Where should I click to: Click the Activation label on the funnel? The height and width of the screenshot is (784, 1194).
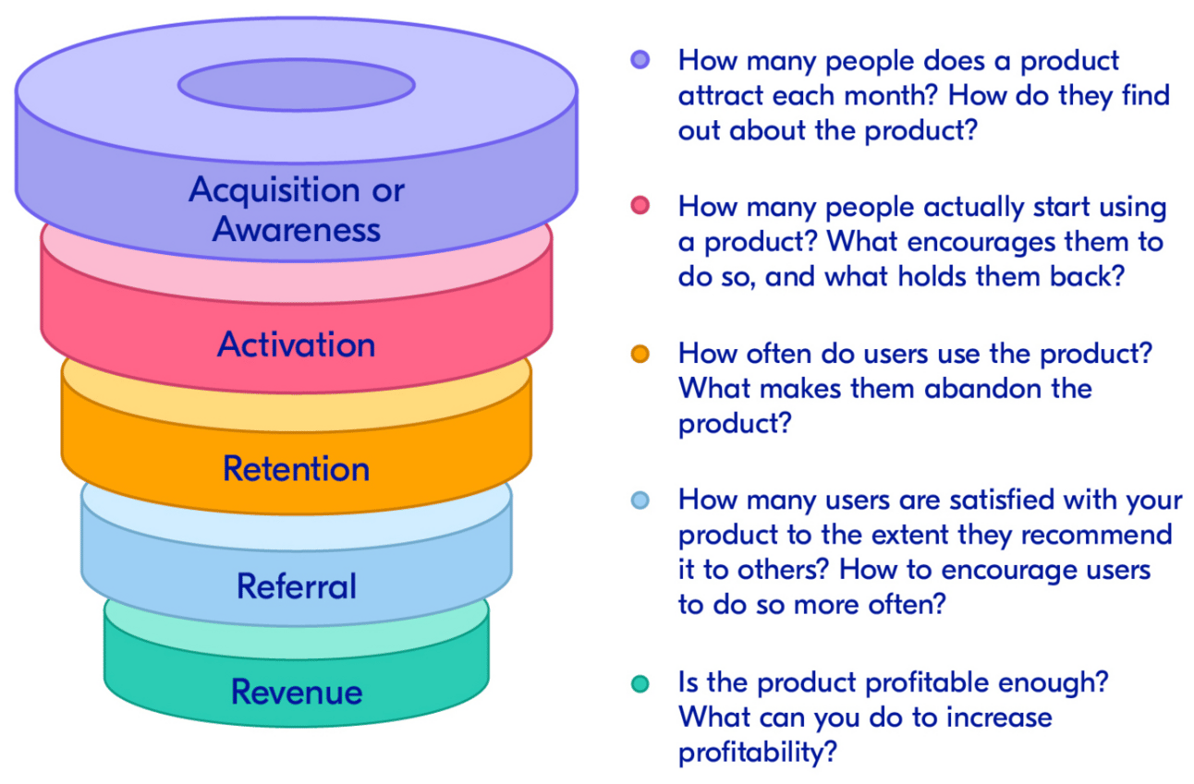pyautogui.click(x=296, y=344)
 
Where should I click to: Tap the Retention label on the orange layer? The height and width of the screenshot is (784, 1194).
pyautogui.click(x=296, y=468)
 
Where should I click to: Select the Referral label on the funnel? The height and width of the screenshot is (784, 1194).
pyautogui.click(x=296, y=585)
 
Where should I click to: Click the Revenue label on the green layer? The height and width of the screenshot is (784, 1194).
pyautogui.click(x=296, y=692)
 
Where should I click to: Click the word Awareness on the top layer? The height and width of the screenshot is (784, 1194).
pyautogui.click(x=296, y=228)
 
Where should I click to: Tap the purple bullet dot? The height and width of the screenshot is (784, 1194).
pyautogui.click(x=640, y=60)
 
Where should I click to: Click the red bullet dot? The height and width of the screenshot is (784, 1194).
pyautogui.click(x=640, y=206)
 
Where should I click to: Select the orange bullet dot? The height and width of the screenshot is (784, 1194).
pyautogui.click(x=640, y=354)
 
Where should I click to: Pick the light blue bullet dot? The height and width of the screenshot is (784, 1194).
pyautogui.click(x=640, y=500)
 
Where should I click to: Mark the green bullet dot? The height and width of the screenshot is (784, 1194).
pyautogui.click(x=640, y=683)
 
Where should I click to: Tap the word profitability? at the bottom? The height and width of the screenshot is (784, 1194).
pyautogui.click(x=758, y=752)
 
